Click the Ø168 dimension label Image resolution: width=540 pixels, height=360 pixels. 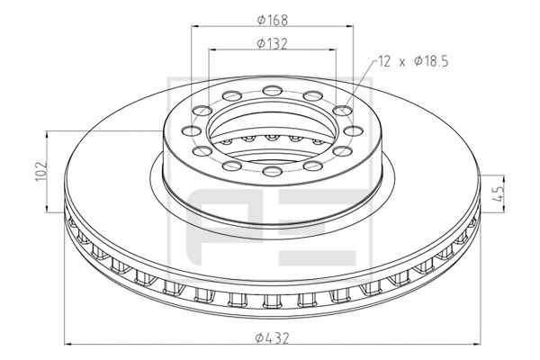272,20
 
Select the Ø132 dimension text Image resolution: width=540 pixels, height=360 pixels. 272,44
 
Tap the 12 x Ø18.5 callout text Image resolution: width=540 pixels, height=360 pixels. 413,62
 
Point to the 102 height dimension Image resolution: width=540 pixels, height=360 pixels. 41,171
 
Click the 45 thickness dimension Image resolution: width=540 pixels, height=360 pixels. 499,194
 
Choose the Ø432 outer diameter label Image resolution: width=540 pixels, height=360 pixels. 272,338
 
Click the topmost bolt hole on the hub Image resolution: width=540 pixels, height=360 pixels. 273,91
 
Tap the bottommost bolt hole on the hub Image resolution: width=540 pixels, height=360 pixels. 273,171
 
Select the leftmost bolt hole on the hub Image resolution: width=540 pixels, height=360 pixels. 191,130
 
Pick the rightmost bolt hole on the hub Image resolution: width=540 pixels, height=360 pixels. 354,130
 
